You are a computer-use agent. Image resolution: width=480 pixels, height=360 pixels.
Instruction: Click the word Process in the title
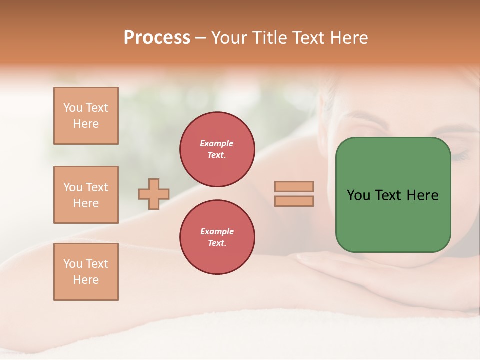(x=157, y=38)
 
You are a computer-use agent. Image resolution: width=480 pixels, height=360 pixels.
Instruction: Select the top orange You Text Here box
(x=86, y=116)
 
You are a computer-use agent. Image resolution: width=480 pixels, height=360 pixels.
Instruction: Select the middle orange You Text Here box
(x=86, y=195)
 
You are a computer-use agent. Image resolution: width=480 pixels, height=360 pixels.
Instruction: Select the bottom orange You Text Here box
(x=86, y=272)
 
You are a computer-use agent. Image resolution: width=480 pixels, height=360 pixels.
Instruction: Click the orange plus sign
(x=154, y=194)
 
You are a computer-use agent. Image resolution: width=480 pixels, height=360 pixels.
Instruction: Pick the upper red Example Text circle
(x=217, y=149)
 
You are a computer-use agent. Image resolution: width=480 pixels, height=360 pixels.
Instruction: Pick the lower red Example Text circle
(x=217, y=237)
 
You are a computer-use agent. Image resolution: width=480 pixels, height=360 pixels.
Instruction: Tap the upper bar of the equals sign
(x=294, y=186)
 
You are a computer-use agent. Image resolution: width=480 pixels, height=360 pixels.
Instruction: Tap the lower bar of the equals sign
(x=294, y=201)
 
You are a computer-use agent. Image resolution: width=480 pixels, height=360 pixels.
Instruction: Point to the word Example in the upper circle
(x=217, y=143)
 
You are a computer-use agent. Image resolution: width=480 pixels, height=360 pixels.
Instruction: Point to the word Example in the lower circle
(x=217, y=231)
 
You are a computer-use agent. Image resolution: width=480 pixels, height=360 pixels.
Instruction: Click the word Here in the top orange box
(x=86, y=124)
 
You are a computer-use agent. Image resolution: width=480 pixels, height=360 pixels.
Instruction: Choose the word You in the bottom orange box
(x=72, y=264)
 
